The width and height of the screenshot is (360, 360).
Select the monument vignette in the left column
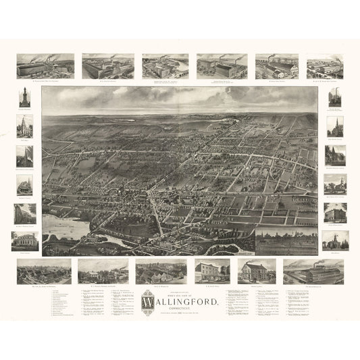click(24, 97)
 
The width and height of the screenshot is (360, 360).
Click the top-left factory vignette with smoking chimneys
click(45, 66)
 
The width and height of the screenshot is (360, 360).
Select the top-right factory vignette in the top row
click(324, 67)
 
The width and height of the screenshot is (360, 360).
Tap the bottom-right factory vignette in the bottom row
click(313, 272)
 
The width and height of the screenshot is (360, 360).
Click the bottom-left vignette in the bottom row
click(44, 272)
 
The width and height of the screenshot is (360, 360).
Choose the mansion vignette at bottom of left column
click(24, 242)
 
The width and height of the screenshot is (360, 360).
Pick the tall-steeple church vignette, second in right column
click(335, 126)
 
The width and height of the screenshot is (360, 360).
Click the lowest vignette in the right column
click(335, 240)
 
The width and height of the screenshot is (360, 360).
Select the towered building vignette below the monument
click(24, 126)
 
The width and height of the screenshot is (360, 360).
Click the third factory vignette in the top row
click(165, 67)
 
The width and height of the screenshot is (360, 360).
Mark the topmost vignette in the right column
click(335, 97)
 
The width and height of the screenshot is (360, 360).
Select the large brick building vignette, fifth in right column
click(335, 212)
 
